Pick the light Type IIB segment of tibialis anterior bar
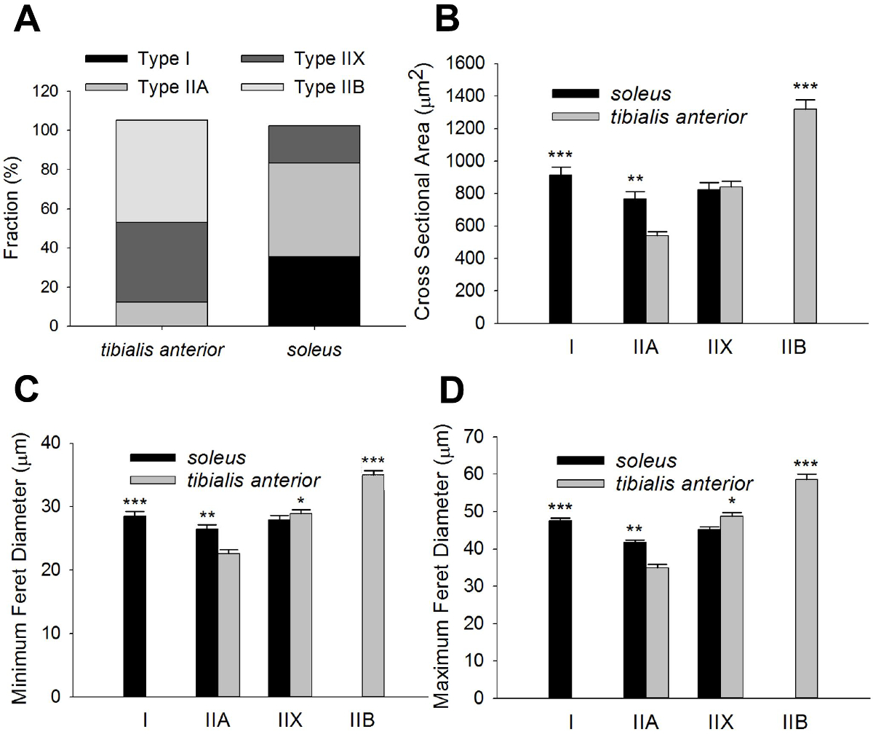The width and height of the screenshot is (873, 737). coord(162,171)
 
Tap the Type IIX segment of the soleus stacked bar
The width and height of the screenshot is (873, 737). coord(314,144)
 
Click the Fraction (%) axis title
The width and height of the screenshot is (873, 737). coord(12,210)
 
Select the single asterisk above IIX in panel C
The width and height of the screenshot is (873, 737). coord(300,501)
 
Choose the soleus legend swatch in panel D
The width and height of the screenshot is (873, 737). coord(580,460)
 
